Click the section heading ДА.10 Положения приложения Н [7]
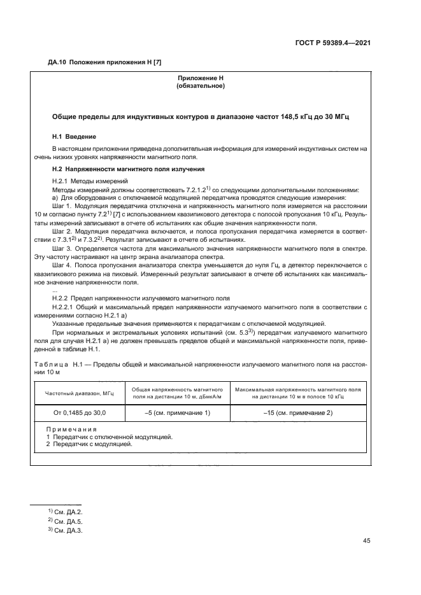(95, 62)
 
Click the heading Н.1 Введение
(74, 137)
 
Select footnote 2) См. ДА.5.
(62, 521)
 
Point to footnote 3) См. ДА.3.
(62, 530)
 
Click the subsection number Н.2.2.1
(64, 307)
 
